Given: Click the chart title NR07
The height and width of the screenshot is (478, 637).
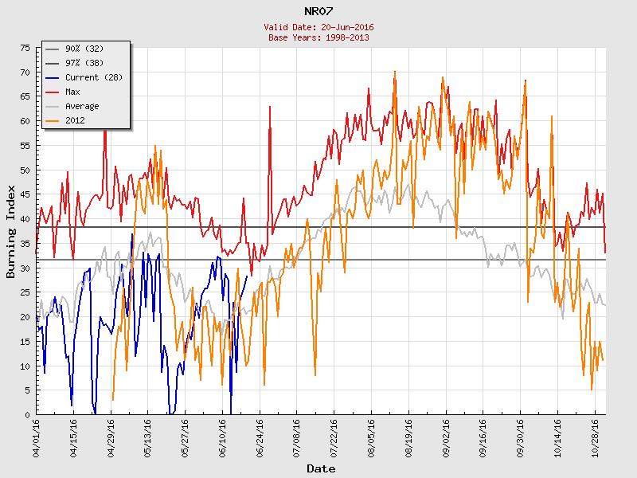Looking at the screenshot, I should point(318,11).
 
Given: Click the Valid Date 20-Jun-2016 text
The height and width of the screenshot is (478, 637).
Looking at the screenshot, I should point(318,27).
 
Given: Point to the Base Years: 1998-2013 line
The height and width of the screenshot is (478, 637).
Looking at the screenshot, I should point(318,37).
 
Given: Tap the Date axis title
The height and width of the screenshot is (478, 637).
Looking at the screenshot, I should point(321,468).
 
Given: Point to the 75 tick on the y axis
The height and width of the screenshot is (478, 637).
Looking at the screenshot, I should point(25,49).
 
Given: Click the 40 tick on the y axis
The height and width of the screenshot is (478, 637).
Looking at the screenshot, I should point(25,220).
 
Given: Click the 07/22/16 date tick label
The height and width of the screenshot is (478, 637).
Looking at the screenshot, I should point(334,437).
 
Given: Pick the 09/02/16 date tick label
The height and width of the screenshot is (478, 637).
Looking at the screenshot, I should point(446,437).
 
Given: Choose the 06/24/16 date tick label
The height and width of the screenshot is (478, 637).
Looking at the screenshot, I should point(260,437).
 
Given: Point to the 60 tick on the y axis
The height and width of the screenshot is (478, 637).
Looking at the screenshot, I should point(25,122).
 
